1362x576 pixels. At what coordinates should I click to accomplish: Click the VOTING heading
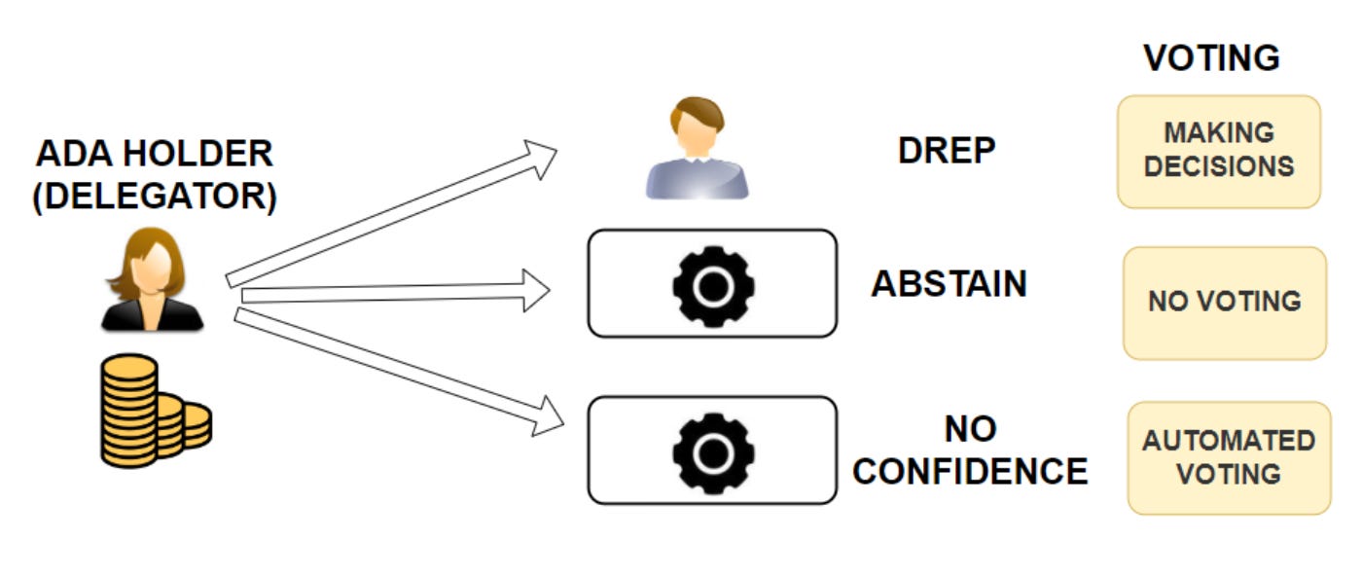tap(1211, 58)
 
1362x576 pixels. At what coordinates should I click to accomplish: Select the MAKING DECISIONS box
tap(1219, 151)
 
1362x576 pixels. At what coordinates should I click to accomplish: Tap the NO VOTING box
tap(1224, 302)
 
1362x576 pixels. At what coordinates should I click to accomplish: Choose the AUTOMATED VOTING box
tap(1229, 457)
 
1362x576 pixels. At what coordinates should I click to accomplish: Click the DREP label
tap(947, 151)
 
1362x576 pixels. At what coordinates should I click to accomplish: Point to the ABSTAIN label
tap(949, 284)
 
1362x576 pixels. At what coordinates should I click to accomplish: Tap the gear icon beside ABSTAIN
tap(713, 284)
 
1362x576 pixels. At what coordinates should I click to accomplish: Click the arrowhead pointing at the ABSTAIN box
tap(534, 290)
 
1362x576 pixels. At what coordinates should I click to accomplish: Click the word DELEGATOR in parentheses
tap(155, 198)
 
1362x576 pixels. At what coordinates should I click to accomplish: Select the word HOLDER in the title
tap(198, 154)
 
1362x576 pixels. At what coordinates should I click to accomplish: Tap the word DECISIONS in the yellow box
tap(1219, 166)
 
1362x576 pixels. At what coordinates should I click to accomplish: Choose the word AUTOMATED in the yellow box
tap(1229, 441)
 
